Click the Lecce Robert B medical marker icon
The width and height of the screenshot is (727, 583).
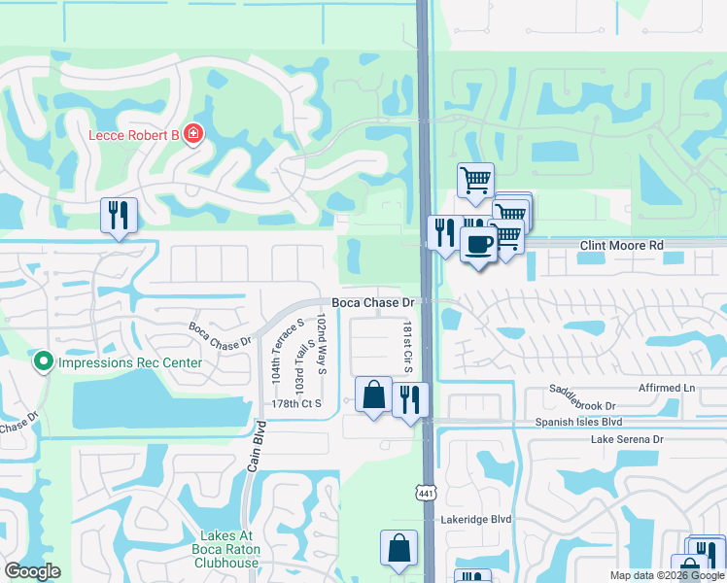click(x=193, y=134)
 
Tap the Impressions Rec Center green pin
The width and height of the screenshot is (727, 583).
click(x=43, y=362)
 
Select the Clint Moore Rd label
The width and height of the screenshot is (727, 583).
click(x=621, y=246)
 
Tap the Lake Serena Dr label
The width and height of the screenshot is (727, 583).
click(x=626, y=440)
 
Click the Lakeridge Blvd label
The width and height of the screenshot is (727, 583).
click(x=475, y=520)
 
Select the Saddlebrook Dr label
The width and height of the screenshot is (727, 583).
click(x=582, y=405)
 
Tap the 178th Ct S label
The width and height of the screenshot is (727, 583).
click(x=295, y=403)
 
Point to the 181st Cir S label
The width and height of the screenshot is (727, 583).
click(x=408, y=350)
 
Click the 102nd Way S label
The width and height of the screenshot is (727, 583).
click(x=322, y=343)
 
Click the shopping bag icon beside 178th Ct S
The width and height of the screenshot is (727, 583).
click(x=373, y=395)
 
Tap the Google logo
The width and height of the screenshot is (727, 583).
click(x=32, y=571)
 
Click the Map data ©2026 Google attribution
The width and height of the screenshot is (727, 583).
click(x=667, y=575)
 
